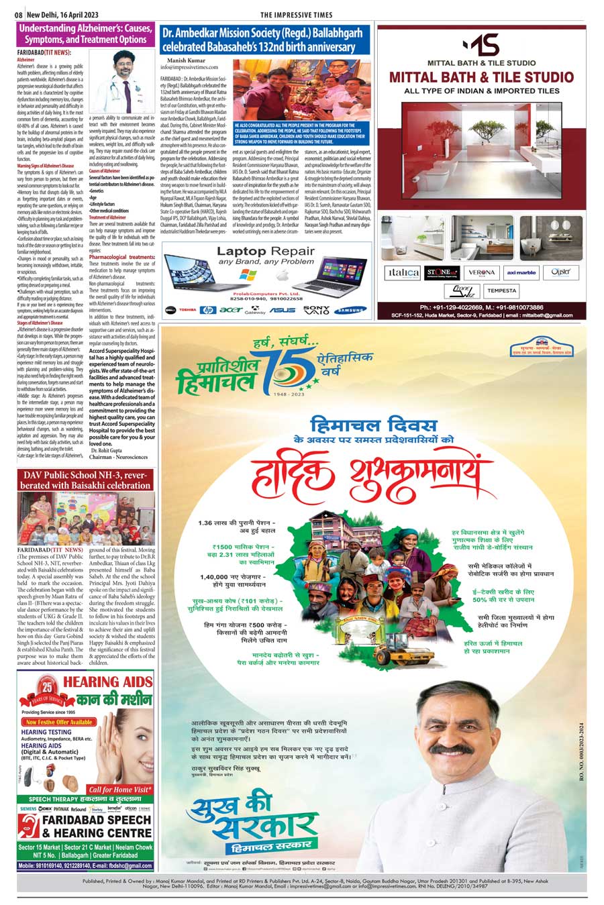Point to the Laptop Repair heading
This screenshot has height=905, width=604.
(x=266, y=252)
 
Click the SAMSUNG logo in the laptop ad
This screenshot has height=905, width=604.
(x=352, y=310)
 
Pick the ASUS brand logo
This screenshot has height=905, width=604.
(x=283, y=310)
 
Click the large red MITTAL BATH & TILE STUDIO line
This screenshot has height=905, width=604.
(x=481, y=76)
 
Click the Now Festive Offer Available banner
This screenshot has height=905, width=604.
(x=60, y=722)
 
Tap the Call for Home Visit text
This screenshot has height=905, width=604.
(x=119, y=790)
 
